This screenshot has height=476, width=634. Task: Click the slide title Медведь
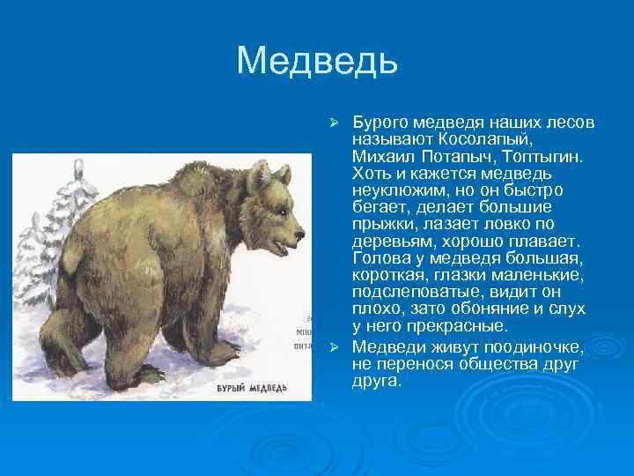317,61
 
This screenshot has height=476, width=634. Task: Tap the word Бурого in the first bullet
379,121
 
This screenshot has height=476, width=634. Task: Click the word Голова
380,258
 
